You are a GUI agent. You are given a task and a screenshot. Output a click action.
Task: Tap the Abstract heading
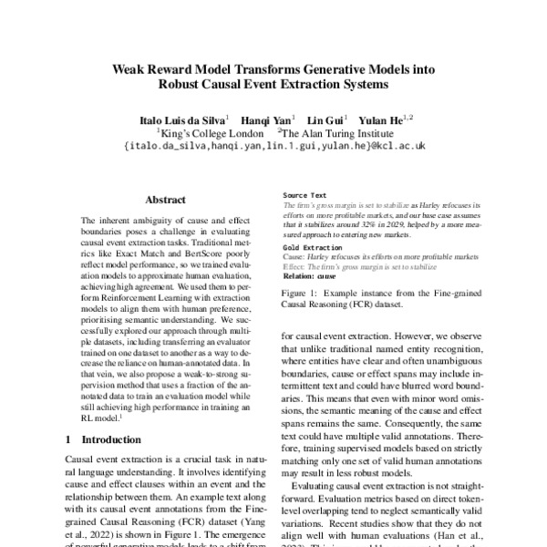point(165,200)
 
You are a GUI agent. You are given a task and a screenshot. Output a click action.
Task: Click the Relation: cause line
point(310,274)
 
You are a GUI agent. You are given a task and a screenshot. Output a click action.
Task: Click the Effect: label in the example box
point(294,266)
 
